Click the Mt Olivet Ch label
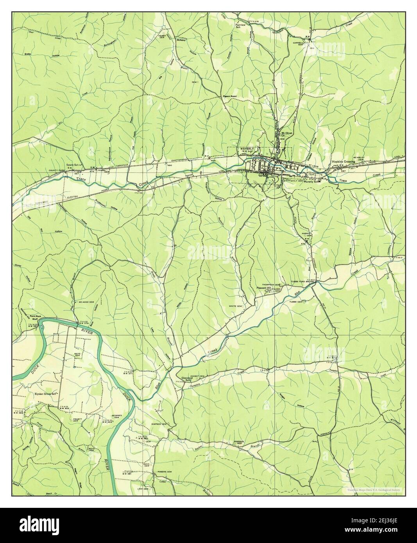pos(287,135)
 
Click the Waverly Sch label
pos(312,182)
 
